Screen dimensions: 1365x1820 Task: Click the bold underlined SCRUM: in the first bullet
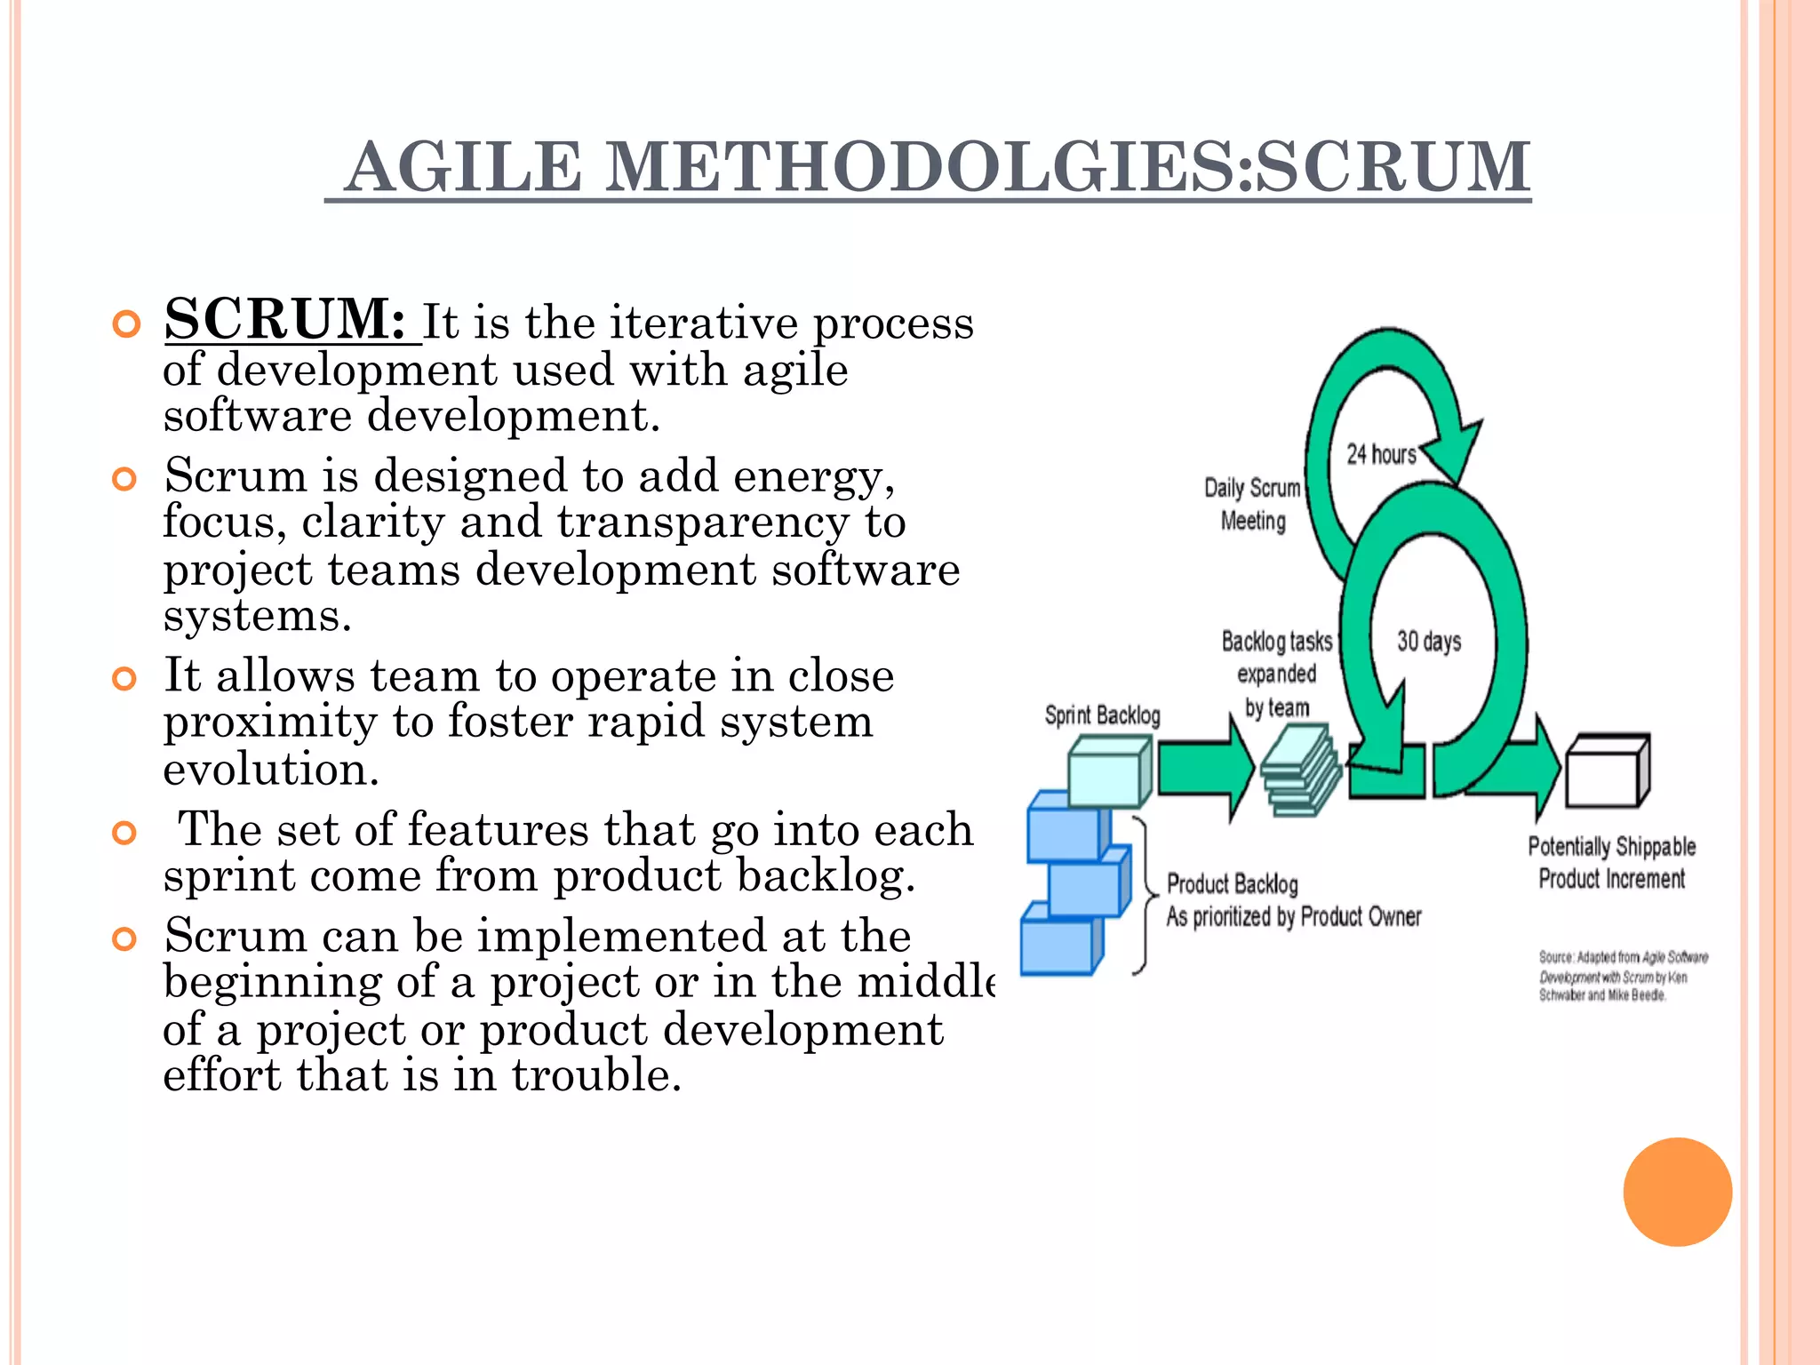[x=285, y=319]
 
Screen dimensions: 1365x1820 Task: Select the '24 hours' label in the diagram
[x=1380, y=454]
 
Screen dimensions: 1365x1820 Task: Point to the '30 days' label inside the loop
[x=1428, y=641]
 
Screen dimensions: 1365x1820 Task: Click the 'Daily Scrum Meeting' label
[x=1252, y=504]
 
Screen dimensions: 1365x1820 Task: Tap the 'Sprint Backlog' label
[x=1102, y=715]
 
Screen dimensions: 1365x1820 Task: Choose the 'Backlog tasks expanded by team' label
[x=1277, y=674]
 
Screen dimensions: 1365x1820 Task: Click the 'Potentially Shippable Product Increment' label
[x=1611, y=862]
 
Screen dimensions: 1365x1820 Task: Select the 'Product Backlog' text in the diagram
[x=1232, y=884]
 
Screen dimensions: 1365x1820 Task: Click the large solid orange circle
[x=1677, y=1192]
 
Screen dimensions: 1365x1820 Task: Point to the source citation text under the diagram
[x=1623, y=976]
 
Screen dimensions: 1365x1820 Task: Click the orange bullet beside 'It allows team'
[x=124, y=680]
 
